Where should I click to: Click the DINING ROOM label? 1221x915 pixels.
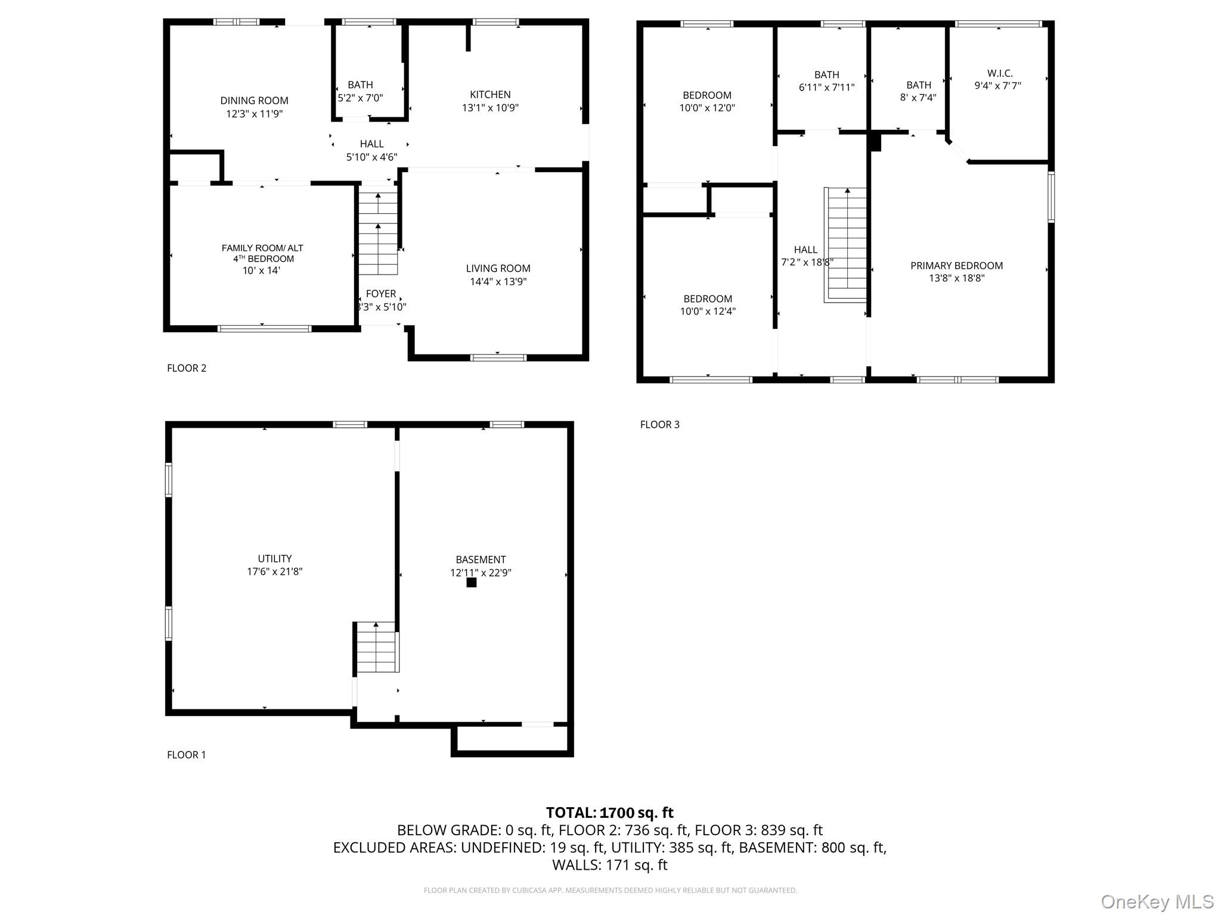point(254,101)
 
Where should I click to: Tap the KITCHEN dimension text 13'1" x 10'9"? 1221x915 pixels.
point(490,108)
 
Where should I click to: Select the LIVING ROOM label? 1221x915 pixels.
point(498,269)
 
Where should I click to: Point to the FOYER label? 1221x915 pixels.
point(381,294)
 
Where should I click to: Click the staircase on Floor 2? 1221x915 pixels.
point(378,232)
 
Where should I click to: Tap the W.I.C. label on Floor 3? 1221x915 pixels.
point(1000,73)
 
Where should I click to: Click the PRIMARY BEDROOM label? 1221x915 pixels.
point(956,266)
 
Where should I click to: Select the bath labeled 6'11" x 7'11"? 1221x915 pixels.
point(826,81)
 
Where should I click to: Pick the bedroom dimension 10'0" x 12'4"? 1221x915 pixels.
point(708,312)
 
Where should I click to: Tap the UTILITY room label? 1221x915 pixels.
point(275,559)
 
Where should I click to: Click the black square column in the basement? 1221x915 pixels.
point(472,583)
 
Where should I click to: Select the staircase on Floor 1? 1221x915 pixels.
point(376,648)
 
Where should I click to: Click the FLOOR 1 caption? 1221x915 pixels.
point(187,755)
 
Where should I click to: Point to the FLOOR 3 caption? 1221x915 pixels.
point(659,425)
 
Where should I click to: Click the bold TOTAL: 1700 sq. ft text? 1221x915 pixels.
point(609,813)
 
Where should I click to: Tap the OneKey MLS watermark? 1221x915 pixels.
point(1157,902)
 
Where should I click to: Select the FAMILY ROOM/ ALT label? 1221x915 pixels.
point(262,248)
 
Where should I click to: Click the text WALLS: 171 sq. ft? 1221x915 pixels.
point(609,865)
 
